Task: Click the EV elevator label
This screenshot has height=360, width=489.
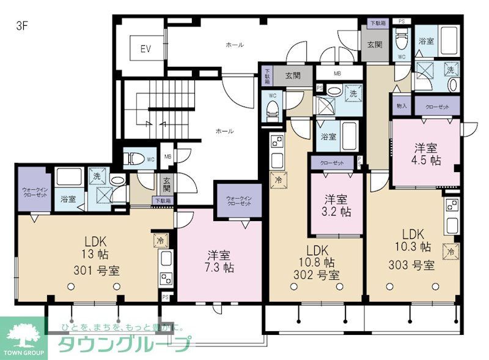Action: pyautogui.click(x=145, y=49)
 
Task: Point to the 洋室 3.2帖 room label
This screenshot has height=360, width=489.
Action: pyautogui.click(x=336, y=206)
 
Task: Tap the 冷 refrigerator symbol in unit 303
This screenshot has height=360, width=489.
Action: pyautogui.click(x=450, y=252)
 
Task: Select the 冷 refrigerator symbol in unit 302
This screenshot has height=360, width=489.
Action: pyautogui.click(x=278, y=181)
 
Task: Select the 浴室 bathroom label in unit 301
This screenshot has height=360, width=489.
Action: pyautogui.click(x=68, y=199)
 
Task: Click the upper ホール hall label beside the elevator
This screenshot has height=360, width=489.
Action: pyautogui.click(x=235, y=45)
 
